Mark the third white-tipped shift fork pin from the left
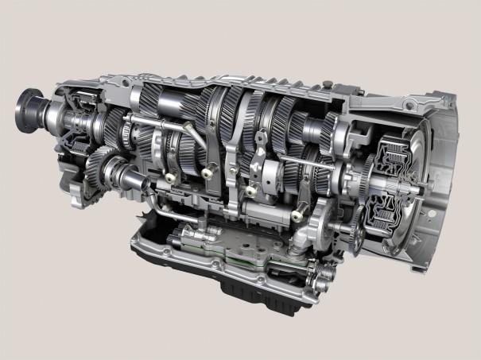(250, 192)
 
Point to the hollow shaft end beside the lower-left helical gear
(116, 168)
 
